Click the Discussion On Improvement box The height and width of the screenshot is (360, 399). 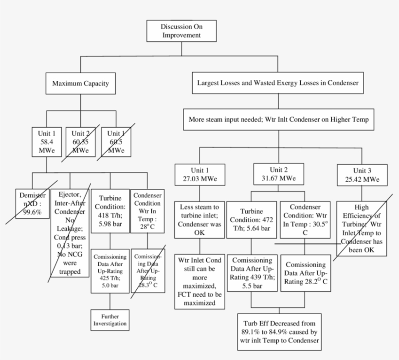181,31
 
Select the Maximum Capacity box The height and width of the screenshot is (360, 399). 80,84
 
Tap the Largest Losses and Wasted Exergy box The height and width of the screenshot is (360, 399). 278,83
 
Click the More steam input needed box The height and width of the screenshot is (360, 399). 278,119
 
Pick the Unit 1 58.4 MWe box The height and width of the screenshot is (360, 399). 47,141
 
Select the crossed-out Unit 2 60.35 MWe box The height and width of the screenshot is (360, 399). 81,141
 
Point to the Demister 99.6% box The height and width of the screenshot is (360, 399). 32,200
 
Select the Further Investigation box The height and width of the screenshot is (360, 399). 110,320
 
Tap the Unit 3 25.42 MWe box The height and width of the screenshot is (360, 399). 362,174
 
